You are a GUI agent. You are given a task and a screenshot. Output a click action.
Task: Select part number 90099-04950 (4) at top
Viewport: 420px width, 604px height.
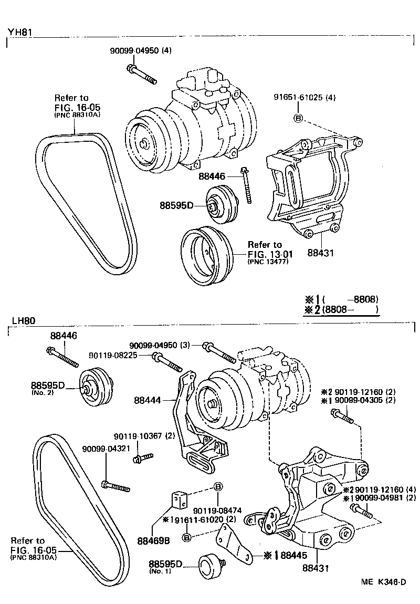(x=140, y=51)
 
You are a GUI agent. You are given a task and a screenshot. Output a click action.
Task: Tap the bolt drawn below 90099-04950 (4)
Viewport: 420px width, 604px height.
(x=142, y=74)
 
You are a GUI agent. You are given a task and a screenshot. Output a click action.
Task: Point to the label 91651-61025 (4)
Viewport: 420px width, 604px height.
(x=304, y=98)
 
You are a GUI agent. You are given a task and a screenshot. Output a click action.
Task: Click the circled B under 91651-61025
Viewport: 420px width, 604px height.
(x=297, y=118)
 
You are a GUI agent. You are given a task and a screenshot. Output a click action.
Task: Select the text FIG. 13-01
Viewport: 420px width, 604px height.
(x=269, y=254)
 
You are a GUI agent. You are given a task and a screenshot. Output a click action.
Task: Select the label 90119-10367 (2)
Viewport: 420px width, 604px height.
(x=145, y=436)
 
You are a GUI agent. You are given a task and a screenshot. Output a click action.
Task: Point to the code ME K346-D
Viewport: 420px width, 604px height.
(x=383, y=582)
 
